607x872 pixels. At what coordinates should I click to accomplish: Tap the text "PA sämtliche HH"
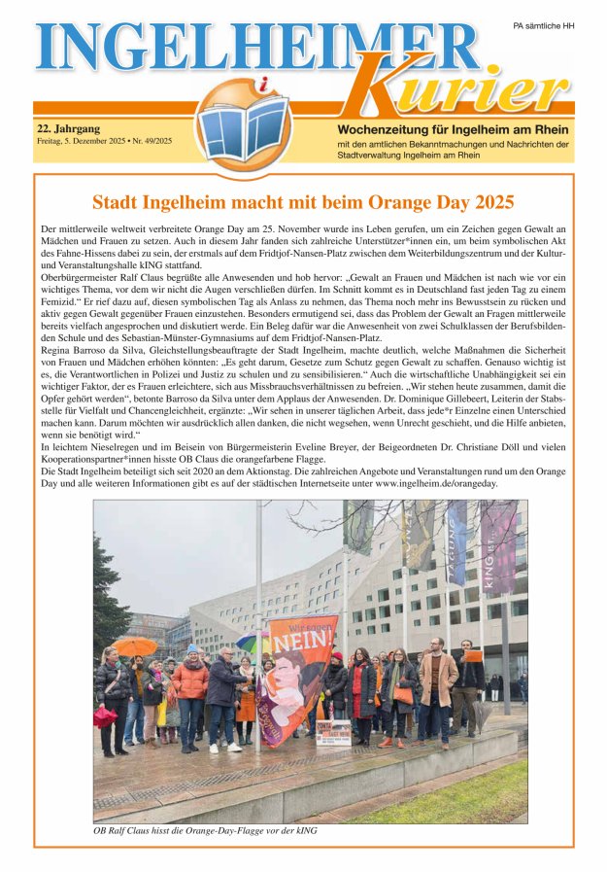click(x=543, y=26)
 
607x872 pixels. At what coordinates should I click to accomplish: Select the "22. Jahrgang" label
click(x=69, y=127)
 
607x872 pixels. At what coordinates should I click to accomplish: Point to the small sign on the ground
click(x=333, y=732)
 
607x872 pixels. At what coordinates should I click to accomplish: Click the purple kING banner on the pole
click(x=499, y=549)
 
